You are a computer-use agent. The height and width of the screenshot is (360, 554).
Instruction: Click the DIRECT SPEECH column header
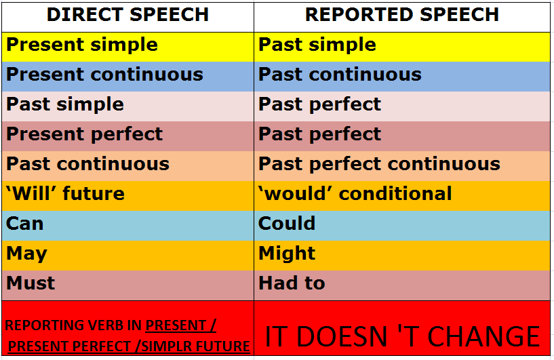tap(128, 15)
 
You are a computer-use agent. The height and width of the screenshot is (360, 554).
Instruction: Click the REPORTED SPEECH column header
tap(402, 15)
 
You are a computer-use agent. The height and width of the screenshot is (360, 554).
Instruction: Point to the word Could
tap(287, 224)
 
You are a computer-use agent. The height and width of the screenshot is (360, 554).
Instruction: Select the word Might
tap(287, 254)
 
